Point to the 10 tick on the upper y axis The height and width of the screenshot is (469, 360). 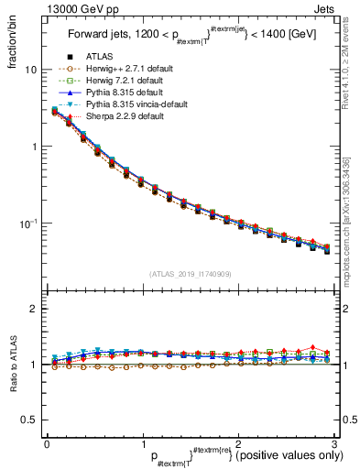(30, 70)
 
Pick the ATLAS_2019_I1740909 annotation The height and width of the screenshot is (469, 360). (190, 274)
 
